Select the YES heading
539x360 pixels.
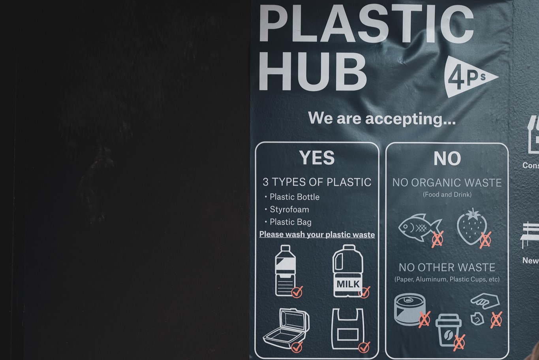point(317,158)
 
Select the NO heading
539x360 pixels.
point(447,159)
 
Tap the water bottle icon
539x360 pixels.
point(285,270)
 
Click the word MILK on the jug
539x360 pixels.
point(348,284)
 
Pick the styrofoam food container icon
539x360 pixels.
point(285,328)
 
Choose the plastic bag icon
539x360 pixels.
point(347,329)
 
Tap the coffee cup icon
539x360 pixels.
point(448,330)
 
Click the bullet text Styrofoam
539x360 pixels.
point(289,209)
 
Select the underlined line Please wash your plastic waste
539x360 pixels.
point(317,234)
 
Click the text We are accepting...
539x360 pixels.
point(381,118)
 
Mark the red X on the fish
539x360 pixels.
point(437,239)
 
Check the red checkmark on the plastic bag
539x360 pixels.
point(364,347)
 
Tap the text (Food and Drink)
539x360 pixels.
point(447,194)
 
